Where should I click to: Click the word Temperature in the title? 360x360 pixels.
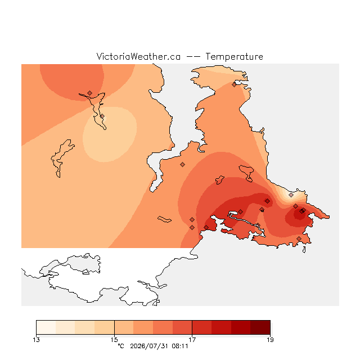[234, 56]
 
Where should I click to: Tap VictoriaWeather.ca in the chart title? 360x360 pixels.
[138, 56]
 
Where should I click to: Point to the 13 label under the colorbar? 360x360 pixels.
[36, 340]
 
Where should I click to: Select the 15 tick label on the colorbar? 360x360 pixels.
[114, 340]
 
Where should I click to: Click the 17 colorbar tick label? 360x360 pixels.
[192, 340]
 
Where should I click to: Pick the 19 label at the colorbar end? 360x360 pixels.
[270, 340]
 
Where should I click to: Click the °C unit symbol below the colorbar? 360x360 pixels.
[121, 346]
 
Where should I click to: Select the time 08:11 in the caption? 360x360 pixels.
[180, 346]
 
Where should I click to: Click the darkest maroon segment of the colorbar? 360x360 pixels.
[260, 327]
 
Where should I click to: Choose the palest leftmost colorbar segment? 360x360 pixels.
[46, 327]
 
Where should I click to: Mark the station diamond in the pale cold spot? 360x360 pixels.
[291, 195]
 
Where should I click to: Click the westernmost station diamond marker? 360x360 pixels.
[89, 93]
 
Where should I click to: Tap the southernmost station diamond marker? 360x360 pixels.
[299, 238]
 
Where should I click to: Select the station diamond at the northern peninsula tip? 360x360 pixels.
[234, 85]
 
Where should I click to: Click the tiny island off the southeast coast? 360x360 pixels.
[304, 250]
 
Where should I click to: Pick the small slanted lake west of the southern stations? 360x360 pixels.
[164, 219]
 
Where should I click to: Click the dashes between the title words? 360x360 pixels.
[193, 57]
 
